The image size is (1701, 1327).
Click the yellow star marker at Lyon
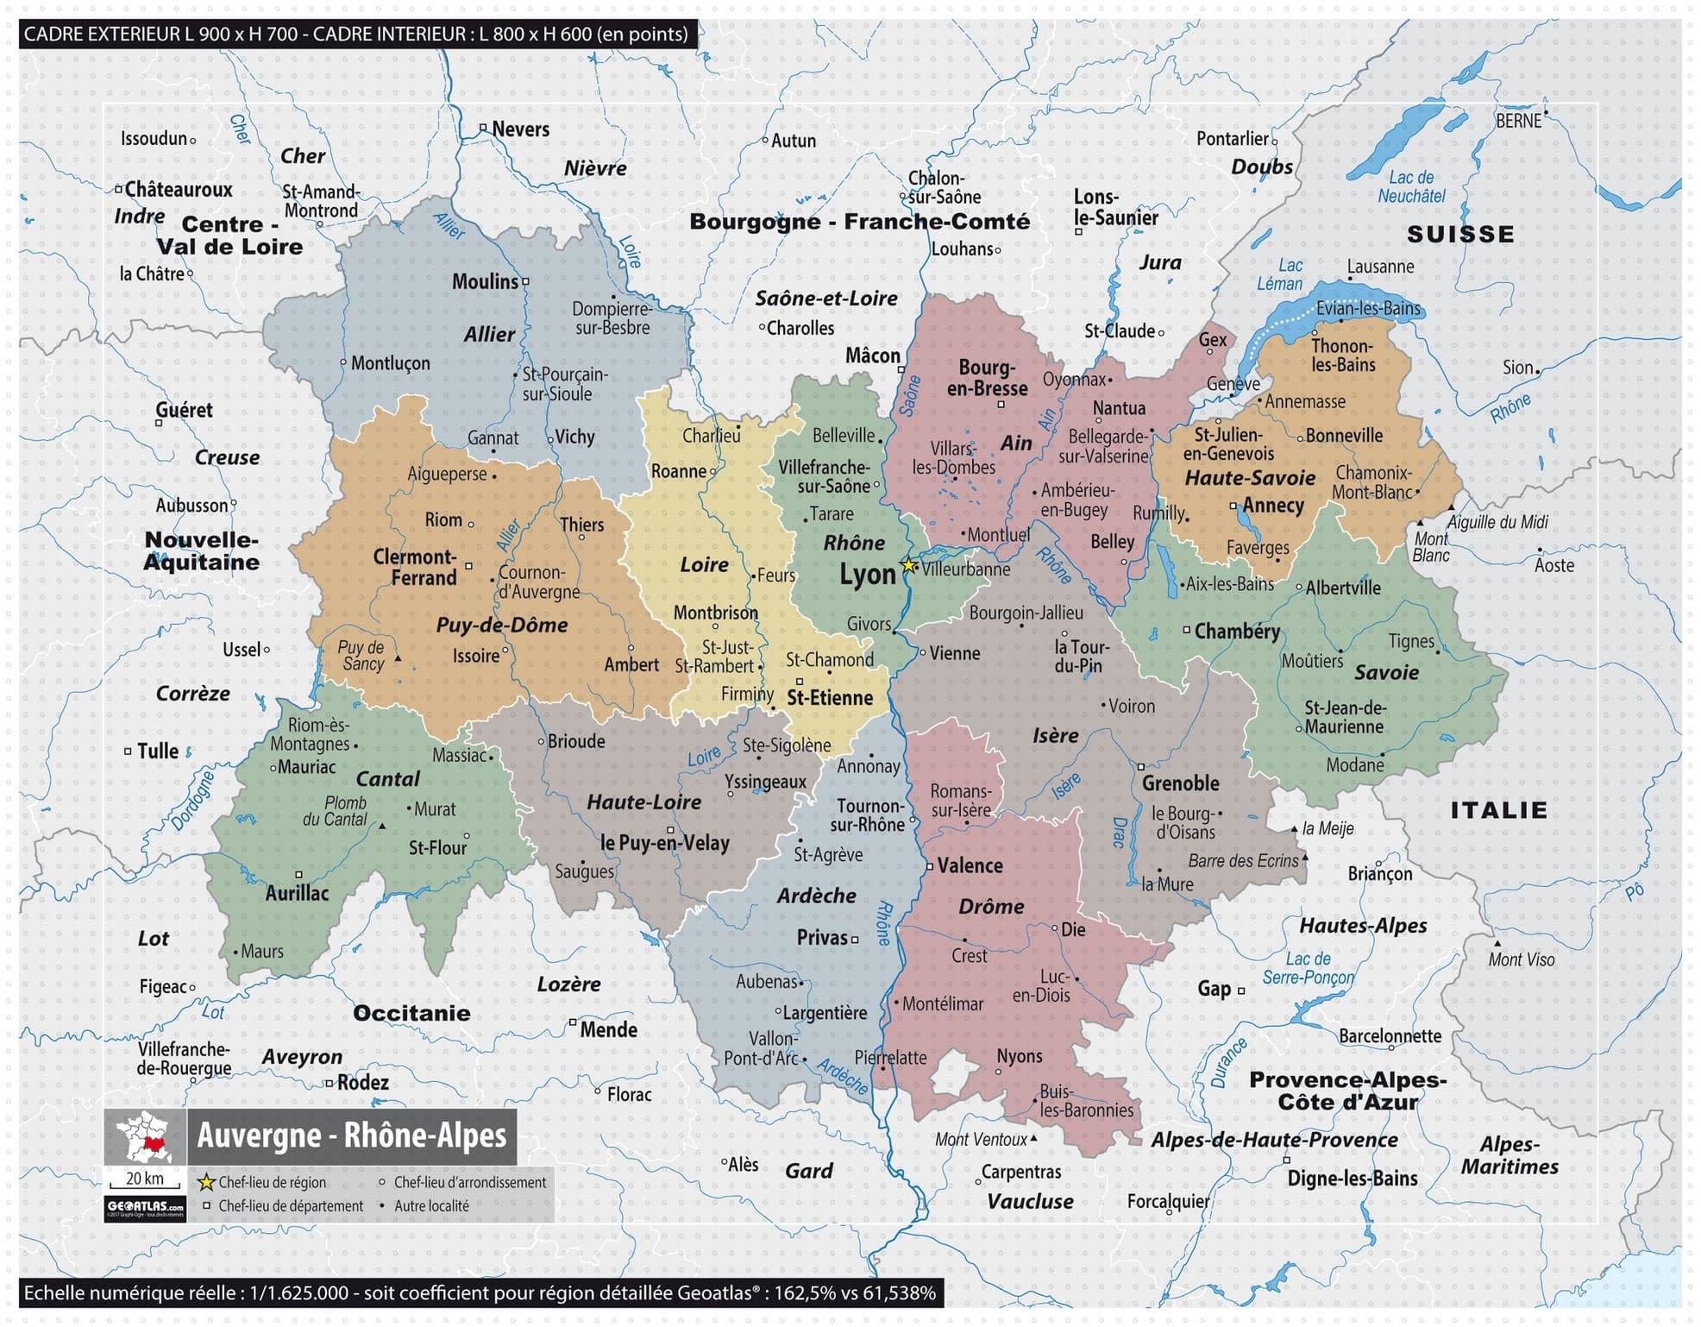pyautogui.click(x=908, y=566)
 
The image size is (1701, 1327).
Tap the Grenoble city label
pyautogui.click(x=1180, y=783)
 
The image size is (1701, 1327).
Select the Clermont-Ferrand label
pyautogui.click(x=416, y=568)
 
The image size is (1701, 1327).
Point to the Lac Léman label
pyautogui.click(x=1280, y=274)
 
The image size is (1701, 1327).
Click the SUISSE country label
pyautogui.click(x=1460, y=234)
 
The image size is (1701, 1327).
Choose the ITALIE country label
pyautogui.click(x=1498, y=810)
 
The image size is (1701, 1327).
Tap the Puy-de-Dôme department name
pyautogui.click(x=501, y=626)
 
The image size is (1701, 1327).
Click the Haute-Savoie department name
pyautogui.click(x=1250, y=478)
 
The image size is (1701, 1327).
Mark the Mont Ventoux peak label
pyautogui.click(x=982, y=1140)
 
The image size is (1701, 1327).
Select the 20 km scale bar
pyautogui.click(x=144, y=1181)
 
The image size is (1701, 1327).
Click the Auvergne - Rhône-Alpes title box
pyautogui.click(x=352, y=1135)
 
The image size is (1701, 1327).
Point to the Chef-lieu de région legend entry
pyautogui.click(x=272, y=1183)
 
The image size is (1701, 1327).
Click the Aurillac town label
pyautogui.click(x=297, y=893)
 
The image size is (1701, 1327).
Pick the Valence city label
pyautogui.click(x=970, y=865)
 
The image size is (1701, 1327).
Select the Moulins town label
pyautogui.click(x=485, y=281)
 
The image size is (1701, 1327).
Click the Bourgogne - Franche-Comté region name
pyautogui.click(x=859, y=222)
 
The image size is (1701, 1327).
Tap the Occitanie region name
pyautogui.click(x=411, y=1013)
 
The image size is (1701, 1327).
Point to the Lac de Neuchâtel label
pyautogui.click(x=1411, y=187)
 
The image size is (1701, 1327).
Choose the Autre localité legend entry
pyautogui.click(x=431, y=1206)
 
